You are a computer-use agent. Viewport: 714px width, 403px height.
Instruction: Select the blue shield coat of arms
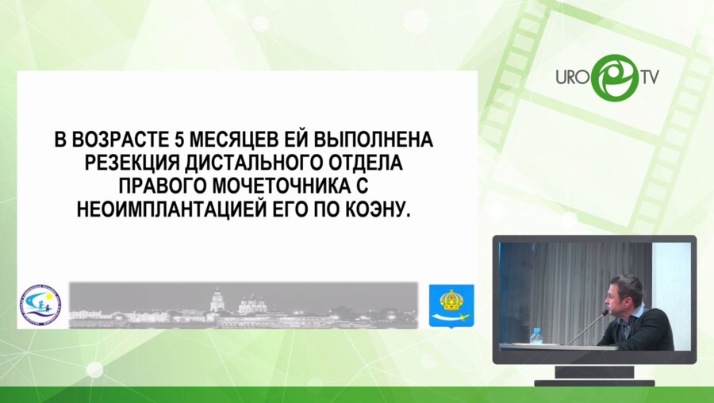pos(451,305)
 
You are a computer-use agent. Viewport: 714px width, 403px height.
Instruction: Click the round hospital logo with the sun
pos(39,305)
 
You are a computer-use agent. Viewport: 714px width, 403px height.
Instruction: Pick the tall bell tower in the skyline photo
pos(216,300)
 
